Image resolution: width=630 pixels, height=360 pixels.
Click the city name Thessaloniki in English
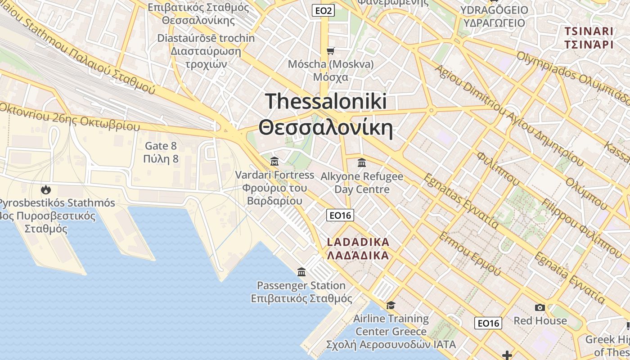[326, 101]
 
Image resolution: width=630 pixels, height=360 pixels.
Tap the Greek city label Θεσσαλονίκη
[326, 128]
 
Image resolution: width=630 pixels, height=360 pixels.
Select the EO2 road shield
[323, 10]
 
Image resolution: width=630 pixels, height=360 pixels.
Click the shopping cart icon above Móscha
[331, 51]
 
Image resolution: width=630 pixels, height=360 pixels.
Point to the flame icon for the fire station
[45, 189]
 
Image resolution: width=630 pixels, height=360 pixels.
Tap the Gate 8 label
[161, 146]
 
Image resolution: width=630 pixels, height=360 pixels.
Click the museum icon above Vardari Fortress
[274, 161]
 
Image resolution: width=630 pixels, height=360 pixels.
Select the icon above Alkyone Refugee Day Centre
[361, 162]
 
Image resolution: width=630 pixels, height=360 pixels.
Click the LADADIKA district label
[358, 242]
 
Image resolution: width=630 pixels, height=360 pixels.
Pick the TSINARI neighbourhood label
[589, 31]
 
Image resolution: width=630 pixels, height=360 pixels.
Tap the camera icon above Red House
[540, 307]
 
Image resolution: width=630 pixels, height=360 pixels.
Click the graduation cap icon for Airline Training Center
[391, 306]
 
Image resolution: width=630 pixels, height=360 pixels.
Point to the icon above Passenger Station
[301, 272]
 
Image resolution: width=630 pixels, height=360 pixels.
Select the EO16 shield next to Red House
[488, 323]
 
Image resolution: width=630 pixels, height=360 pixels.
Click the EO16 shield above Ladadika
[340, 216]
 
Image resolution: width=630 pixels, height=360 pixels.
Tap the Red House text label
[540, 320]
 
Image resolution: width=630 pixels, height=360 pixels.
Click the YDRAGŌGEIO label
[494, 10]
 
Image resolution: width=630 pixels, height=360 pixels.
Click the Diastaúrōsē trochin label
[206, 38]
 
